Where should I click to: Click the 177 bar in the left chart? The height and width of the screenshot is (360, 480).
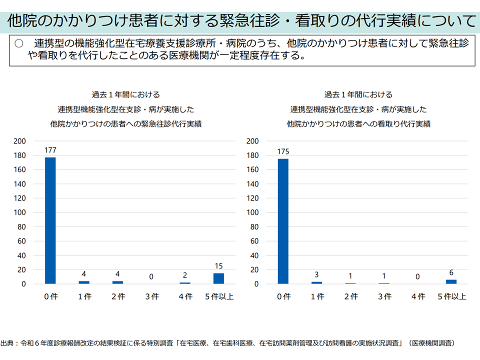tap(50, 220)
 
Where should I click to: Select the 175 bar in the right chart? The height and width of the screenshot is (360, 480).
tap(283, 221)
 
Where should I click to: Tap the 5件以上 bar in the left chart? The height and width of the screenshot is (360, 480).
tap(218, 278)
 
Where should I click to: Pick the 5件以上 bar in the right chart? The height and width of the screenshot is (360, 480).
tap(451, 281)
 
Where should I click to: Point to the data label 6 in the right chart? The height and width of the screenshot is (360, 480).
tap(451, 273)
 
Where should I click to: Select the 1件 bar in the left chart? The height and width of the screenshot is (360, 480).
tap(84, 282)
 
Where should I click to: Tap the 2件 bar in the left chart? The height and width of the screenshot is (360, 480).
tap(117, 282)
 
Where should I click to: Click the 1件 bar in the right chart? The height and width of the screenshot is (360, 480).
tap(317, 282)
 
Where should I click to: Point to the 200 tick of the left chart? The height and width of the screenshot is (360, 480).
tap(19, 141)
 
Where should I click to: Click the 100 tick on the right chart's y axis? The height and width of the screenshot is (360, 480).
tap(253, 212)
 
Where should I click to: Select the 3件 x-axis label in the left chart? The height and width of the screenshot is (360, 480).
tap(151, 296)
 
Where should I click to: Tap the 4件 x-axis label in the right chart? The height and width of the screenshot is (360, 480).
tap(418, 296)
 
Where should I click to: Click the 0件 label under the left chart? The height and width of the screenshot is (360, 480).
tap(50, 296)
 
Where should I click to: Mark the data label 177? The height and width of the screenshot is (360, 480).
tap(50, 150)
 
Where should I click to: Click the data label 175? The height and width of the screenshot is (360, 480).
tap(283, 151)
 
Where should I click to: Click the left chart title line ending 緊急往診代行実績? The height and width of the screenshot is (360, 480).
tap(126, 123)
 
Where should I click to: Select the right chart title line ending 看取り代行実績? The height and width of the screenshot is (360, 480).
tap(359, 123)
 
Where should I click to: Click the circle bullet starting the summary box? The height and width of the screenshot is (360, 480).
tap(19, 43)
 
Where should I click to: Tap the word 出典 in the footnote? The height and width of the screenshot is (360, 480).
tap(7, 343)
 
